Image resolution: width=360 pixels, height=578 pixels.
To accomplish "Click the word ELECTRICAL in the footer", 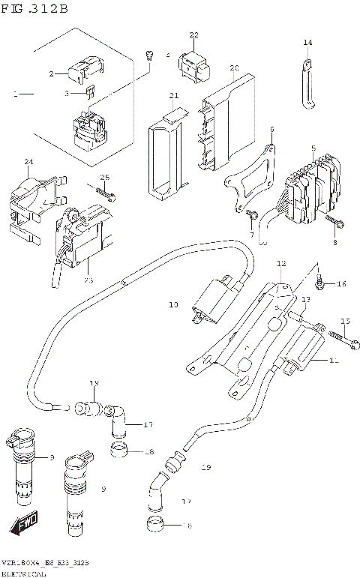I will pyautogui.click(x=24, y=574).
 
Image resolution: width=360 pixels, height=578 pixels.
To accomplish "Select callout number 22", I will pyautogui.click(x=193, y=35).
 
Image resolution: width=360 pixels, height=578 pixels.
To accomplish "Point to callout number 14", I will pyautogui.click(x=307, y=43).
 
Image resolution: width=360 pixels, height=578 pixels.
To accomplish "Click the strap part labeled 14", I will pyautogui.click(x=308, y=82).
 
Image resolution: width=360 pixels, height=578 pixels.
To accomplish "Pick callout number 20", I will pyautogui.click(x=234, y=68).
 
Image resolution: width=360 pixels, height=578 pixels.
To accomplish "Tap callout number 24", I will pyautogui.click(x=29, y=162).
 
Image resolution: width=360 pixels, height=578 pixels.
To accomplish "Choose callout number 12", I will pyautogui.click(x=281, y=264).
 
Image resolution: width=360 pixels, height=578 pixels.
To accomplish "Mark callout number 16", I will pyautogui.click(x=340, y=283).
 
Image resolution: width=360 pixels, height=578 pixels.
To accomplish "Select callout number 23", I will pyautogui.click(x=88, y=280).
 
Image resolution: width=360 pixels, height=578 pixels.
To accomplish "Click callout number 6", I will pyautogui.click(x=271, y=129).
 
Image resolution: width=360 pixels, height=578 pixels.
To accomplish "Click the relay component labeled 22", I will pyautogui.click(x=193, y=64).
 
